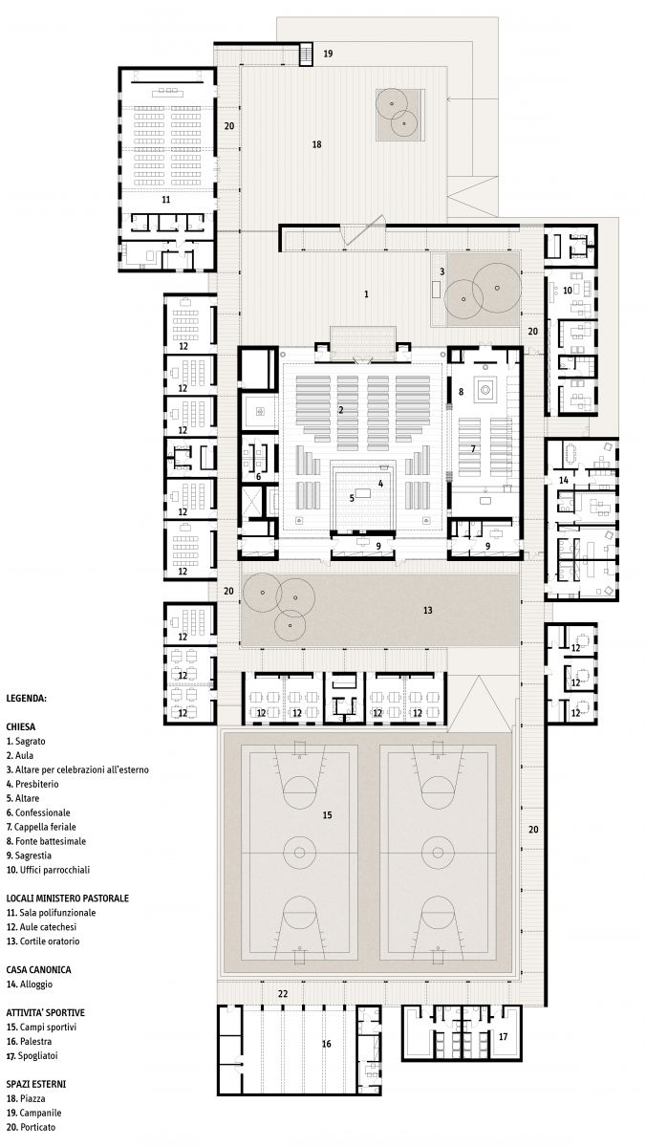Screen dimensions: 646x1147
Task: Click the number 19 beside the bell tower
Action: (328, 54)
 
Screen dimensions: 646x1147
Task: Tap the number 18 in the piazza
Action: (317, 144)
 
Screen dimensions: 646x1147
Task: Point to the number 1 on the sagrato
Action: (366, 294)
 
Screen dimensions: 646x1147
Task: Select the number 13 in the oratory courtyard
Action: (427, 610)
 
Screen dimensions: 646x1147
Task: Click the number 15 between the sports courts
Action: (327, 814)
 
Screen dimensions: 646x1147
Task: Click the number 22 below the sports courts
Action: (283, 993)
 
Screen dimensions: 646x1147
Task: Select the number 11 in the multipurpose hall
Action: (166, 200)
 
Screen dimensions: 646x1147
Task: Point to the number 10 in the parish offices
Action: (568, 291)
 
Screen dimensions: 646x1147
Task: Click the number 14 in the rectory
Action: (564, 480)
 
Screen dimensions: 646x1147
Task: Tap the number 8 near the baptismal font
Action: (461, 391)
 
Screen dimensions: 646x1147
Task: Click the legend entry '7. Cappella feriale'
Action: (41, 827)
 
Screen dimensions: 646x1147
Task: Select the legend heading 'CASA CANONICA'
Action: (38, 969)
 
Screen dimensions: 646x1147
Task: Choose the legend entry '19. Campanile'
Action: (33, 1113)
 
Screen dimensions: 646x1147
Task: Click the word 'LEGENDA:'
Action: (26, 698)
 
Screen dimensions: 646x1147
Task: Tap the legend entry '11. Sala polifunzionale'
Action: (51, 912)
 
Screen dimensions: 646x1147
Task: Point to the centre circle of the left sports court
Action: (298, 852)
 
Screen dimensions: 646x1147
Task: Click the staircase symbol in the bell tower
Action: (306, 54)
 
